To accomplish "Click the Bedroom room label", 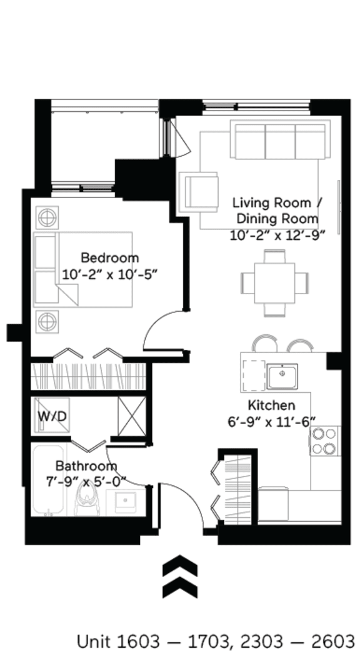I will pyautogui.click(x=109, y=257).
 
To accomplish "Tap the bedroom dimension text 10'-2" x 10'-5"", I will pyautogui.click(x=109, y=274).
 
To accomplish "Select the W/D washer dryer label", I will pyautogui.click(x=52, y=416).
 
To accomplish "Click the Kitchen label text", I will pyautogui.click(x=271, y=405).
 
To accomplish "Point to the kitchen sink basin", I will pyautogui.click(x=282, y=375).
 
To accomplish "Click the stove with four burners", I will pyautogui.click(x=324, y=440).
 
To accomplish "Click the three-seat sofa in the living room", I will pyautogui.click(x=279, y=141).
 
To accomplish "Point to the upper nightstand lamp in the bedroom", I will pyautogui.click(x=46, y=218).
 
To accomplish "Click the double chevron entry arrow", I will pyautogui.click(x=180, y=577).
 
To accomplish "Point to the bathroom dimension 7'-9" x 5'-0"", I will pyautogui.click(x=86, y=480).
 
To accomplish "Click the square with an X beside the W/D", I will pyautogui.click(x=131, y=415).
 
